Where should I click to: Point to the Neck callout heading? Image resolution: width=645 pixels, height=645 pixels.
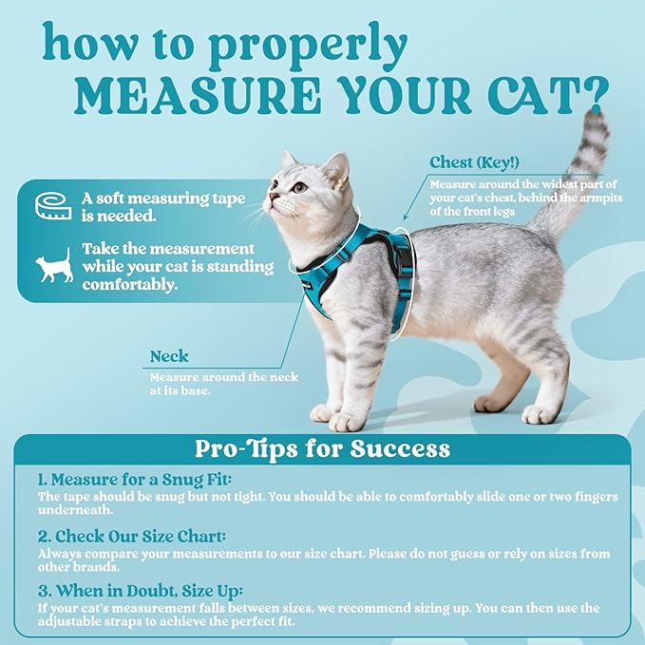click(x=169, y=357)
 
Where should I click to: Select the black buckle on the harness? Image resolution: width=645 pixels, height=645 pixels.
click(x=404, y=254)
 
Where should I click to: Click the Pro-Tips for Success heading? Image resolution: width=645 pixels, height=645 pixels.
click(x=322, y=447)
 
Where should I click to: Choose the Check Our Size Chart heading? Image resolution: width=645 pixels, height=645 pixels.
click(x=136, y=536)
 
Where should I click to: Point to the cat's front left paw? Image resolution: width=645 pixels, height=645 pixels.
click(x=349, y=421)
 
